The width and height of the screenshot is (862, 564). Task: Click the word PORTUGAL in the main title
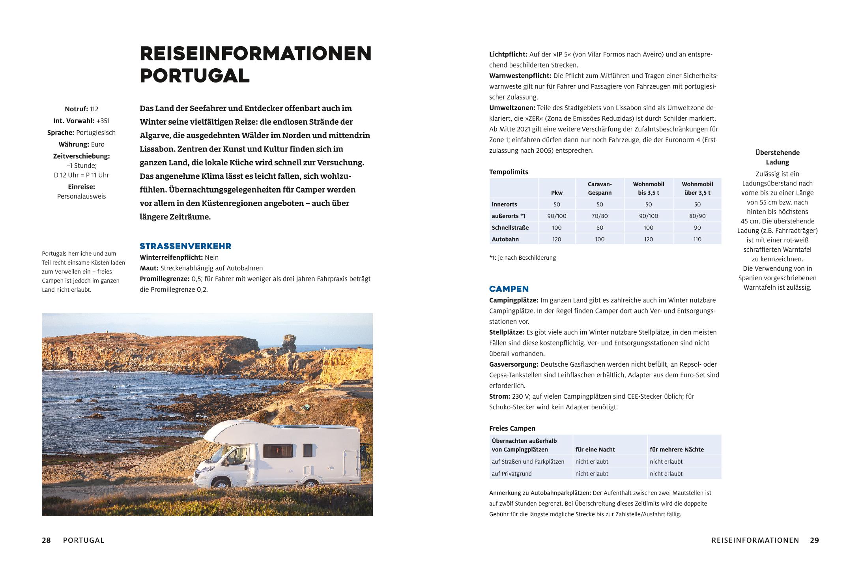click(x=194, y=75)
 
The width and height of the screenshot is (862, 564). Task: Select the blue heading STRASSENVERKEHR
click(x=185, y=246)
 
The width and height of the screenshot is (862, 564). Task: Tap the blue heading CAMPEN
click(x=509, y=289)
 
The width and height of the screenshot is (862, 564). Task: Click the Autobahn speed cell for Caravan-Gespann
click(x=600, y=239)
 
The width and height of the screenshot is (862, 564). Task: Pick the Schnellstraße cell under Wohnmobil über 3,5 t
click(x=697, y=228)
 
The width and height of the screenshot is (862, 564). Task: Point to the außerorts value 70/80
click(x=600, y=216)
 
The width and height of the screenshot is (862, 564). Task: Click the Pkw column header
click(x=557, y=193)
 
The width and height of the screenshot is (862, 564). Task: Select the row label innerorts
click(x=504, y=204)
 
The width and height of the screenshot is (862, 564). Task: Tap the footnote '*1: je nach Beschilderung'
click(x=522, y=258)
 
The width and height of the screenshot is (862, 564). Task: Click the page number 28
click(x=46, y=540)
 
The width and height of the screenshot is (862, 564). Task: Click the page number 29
click(x=814, y=540)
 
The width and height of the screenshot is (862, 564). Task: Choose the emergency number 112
click(x=94, y=109)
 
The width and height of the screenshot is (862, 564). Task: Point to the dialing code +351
click(x=103, y=121)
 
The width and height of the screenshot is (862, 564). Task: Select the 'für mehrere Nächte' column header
click(x=677, y=450)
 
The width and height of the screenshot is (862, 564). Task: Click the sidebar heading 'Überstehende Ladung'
click(x=777, y=157)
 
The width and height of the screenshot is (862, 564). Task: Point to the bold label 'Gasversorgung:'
click(x=514, y=364)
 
